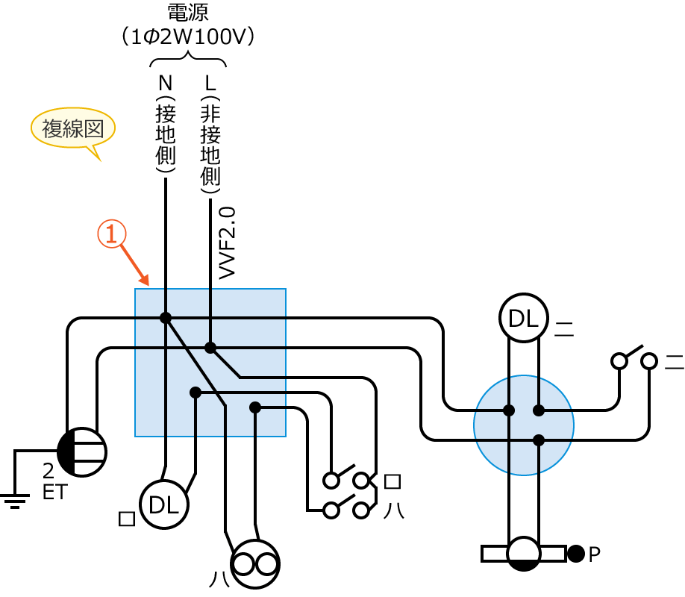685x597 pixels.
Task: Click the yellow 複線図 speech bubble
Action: tap(72, 129)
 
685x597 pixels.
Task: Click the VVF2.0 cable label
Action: tap(228, 243)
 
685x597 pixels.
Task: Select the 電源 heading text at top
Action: tap(189, 12)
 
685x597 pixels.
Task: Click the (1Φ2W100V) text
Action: tap(188, 37)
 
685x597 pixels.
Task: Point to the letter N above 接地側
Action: tap(165, 81)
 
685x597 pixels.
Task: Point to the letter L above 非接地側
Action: tap(210, 81)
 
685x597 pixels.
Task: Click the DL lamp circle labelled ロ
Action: tap(164, 505)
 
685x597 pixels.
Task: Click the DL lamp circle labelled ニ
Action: tap(523, 319)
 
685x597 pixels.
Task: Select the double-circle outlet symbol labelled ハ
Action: tap(254, 564)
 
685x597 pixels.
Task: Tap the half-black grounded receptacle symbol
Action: tap(82, 451)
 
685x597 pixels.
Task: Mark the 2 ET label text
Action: tap(49, 481)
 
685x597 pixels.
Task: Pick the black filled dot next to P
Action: tap(576, 554)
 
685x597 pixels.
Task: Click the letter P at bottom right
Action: tap(595, 554)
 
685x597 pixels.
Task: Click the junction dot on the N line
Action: tap(165, 318)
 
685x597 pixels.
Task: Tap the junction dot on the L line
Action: tap(210, 348)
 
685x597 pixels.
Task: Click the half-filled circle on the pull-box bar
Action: tap(523, 554)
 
